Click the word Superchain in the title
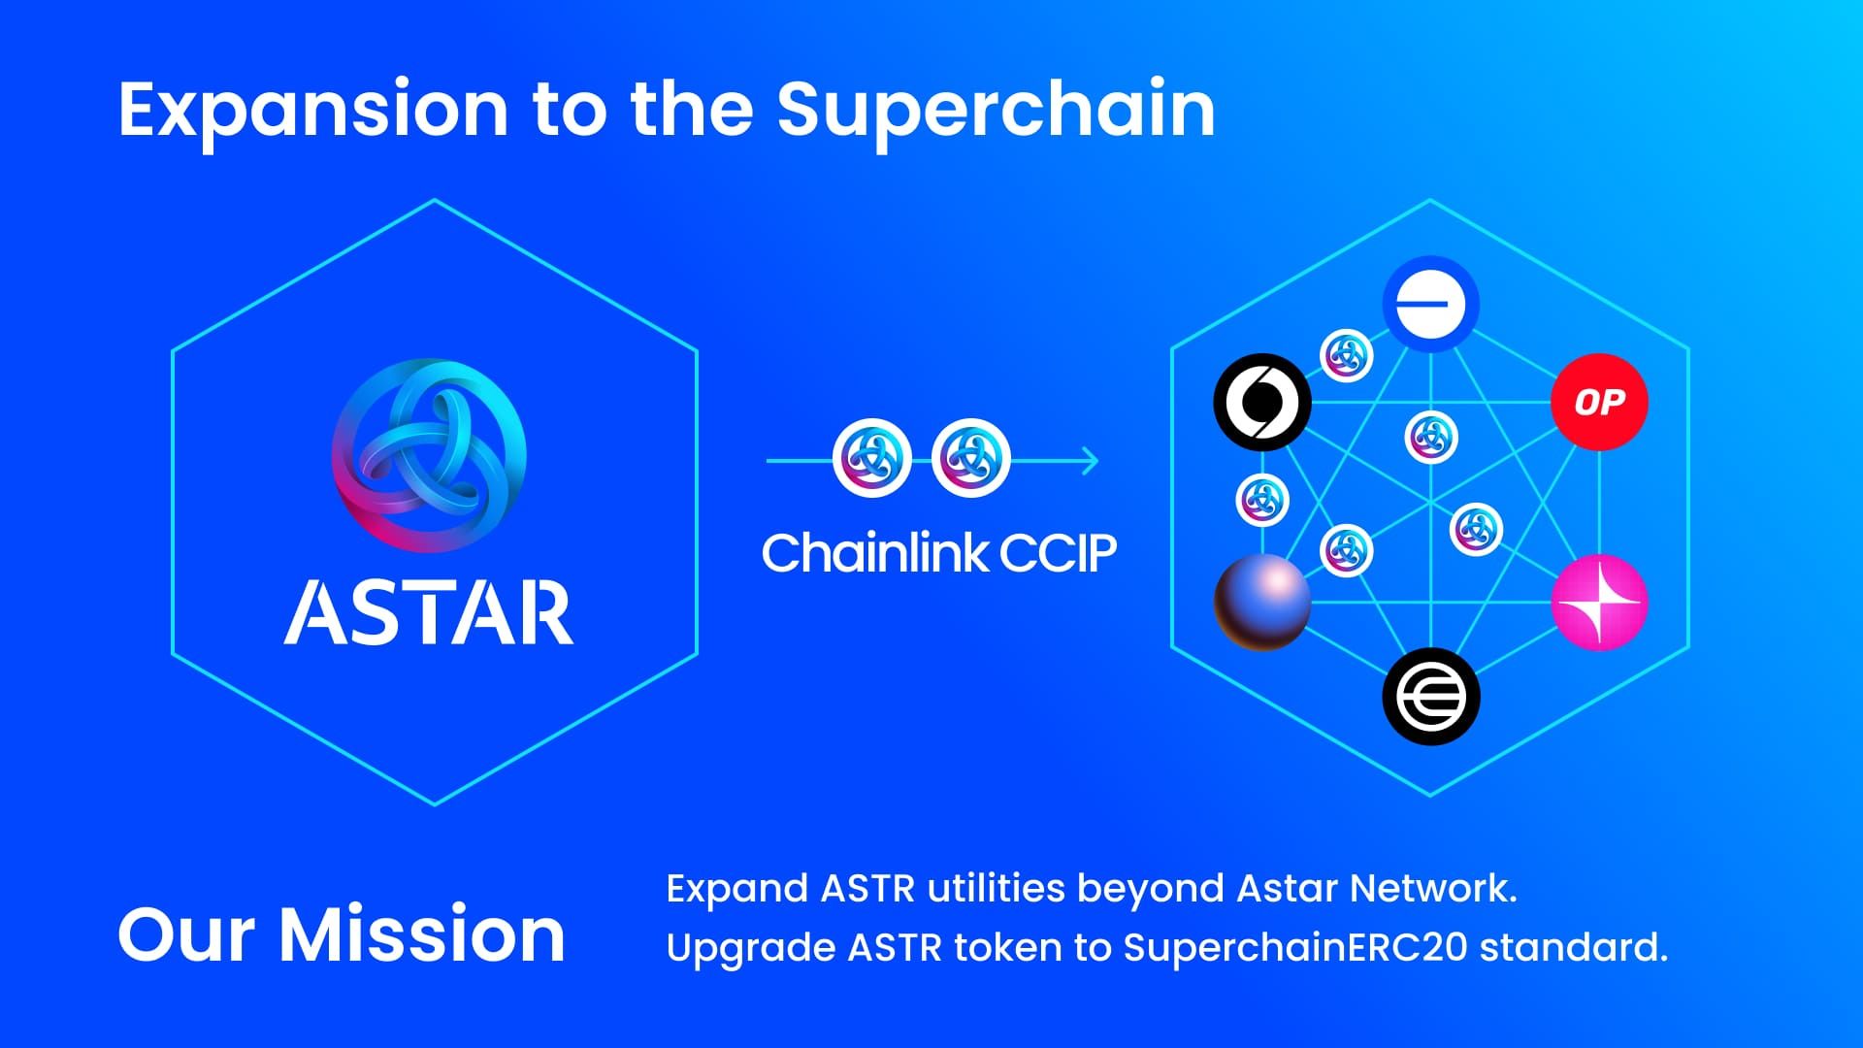click(997, 110)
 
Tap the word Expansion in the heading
click(312, 110)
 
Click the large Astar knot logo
click(430, 455)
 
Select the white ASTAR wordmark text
click(429, 613)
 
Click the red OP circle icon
click(1599, 402)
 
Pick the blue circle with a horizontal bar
click(1430, 305)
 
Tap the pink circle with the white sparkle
click(1599, 602)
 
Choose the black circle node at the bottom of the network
click(1430, 697)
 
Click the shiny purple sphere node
click(1262, 602)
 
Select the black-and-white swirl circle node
click(1262, 402)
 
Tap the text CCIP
click(1058, 553)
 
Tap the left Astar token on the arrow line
click(872, 458)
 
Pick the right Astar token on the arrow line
click(970, 458)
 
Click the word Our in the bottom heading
click(190, 934)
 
